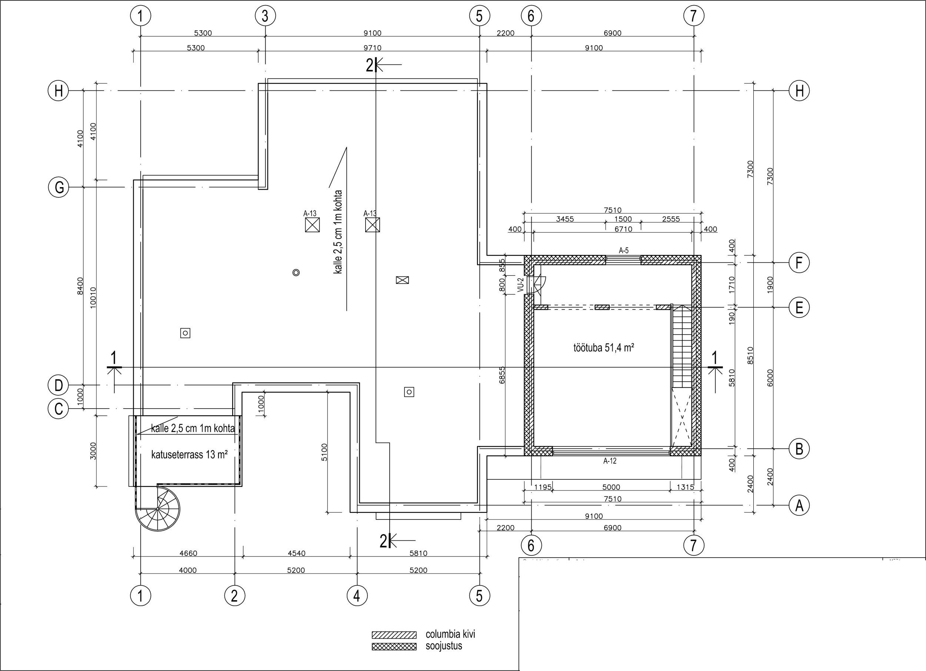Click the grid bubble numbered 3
click(265, 16)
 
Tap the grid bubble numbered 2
click(235, 596)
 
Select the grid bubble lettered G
click(59, 187)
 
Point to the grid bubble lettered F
click(799, 263)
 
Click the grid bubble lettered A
click(799, 506)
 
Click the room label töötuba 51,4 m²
click(603, 348)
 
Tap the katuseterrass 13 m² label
click(189, 455)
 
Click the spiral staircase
click(157, 508)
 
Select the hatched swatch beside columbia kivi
click(394, 635)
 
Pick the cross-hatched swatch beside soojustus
click(394, 647)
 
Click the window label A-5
click(623, 251)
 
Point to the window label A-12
click(610, 461)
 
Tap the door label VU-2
click(520, 285)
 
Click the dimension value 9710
click(372, 48)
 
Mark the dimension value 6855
click(502, 375)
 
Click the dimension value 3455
click(565, 219)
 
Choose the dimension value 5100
click(324, 452)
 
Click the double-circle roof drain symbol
click(296, 272)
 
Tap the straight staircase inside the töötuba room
click(682, 347)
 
